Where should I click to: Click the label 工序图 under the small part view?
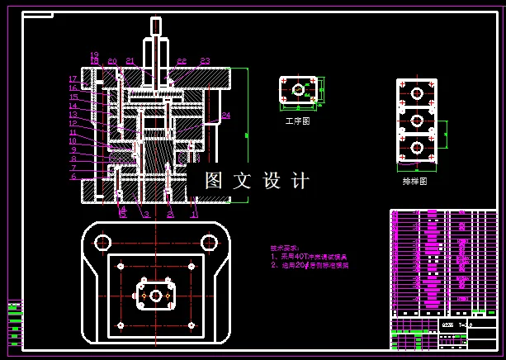point(296,121)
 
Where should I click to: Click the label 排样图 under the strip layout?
point(415,181)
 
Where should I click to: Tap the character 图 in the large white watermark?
point(215,180)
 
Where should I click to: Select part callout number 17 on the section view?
point(73,79)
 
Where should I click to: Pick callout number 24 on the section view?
point(225,114)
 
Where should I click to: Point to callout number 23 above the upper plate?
point(205,61)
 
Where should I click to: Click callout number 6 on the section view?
point(73,176)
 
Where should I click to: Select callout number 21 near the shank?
point(130,61)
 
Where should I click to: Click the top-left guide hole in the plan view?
point(103,242)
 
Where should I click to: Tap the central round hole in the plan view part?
point(155,295)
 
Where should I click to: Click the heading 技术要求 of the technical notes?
point(285,247)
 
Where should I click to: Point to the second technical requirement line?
point(310,266)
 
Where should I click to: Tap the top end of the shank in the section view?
point(156,20)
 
